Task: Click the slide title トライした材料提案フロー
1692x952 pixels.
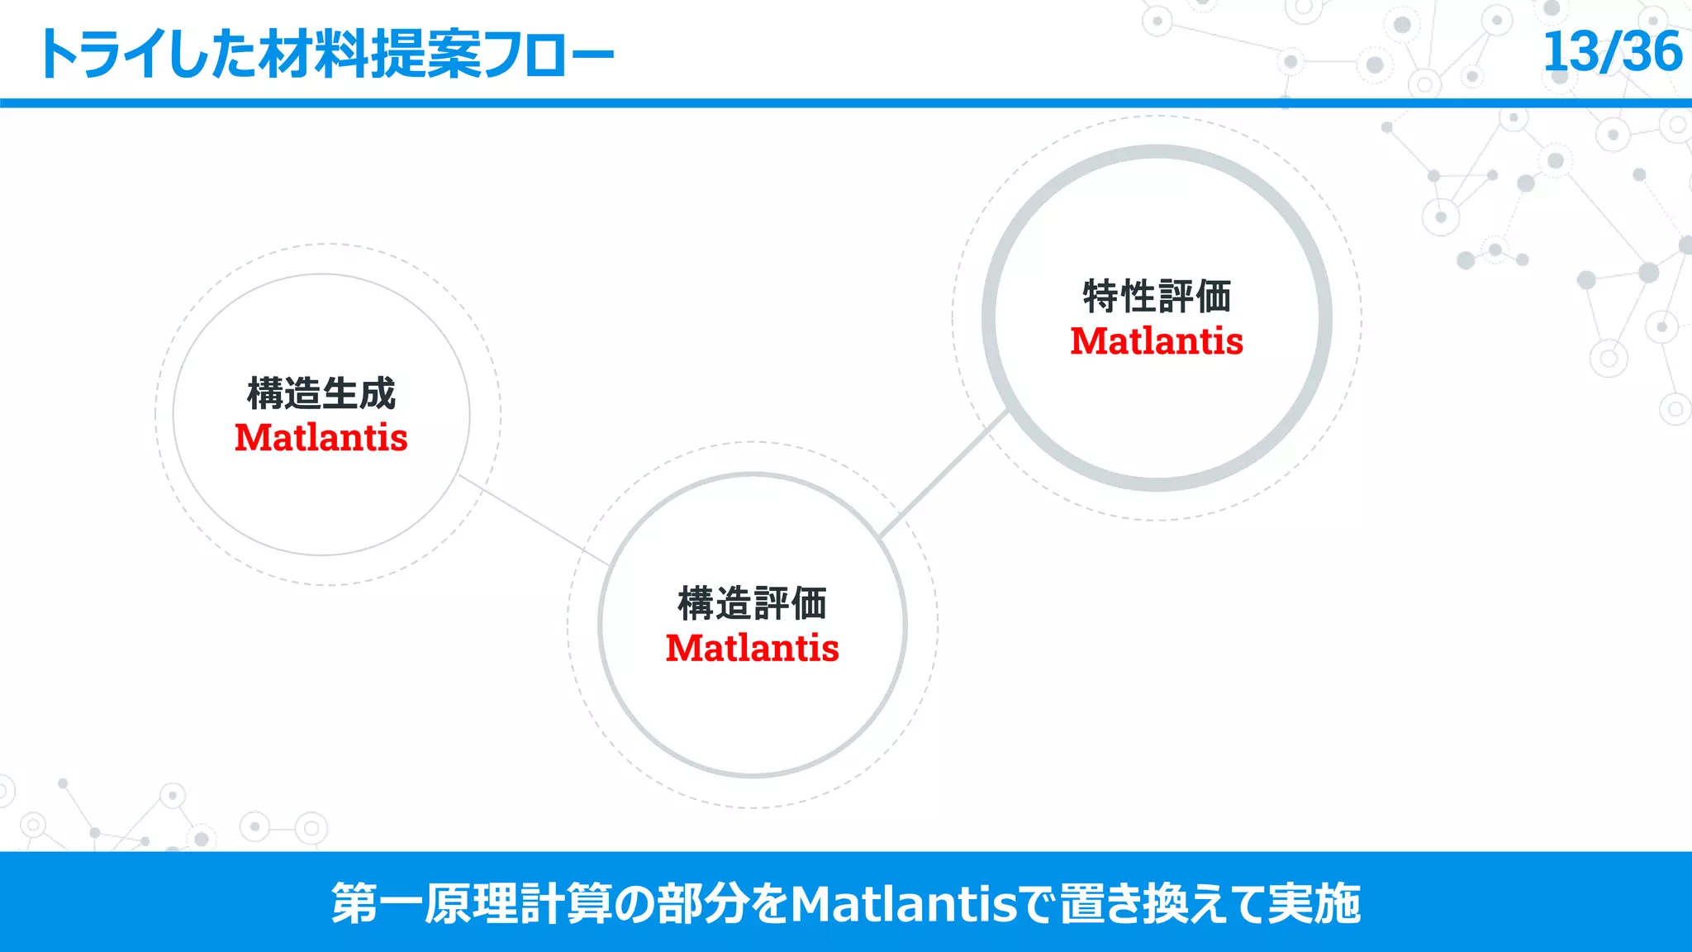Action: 326,55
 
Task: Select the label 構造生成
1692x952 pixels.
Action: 321,393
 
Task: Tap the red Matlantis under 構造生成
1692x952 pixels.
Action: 321,437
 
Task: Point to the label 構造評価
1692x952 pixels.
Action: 752,603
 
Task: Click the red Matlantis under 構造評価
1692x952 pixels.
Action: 752,648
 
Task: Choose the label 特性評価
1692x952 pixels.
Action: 1157,297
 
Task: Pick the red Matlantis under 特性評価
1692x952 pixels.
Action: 1157,341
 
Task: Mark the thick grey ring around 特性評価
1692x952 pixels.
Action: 990,318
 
